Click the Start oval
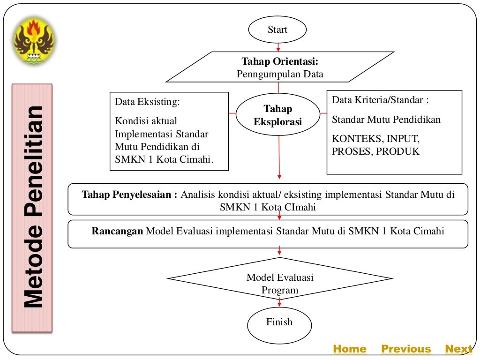point(277,30)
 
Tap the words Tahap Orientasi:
point(280,61)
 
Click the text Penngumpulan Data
point(280,74)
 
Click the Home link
point(349,349)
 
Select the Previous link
point(406,349)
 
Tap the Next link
point(458,349)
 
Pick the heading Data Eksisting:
point(147,102)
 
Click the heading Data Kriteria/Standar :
point(380,100)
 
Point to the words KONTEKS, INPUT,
point(375,139)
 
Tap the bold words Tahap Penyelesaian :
point(130,195)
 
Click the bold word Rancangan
point(117,231)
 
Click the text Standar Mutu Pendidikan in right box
point(386,120)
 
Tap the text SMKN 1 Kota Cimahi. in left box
point(164,159)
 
